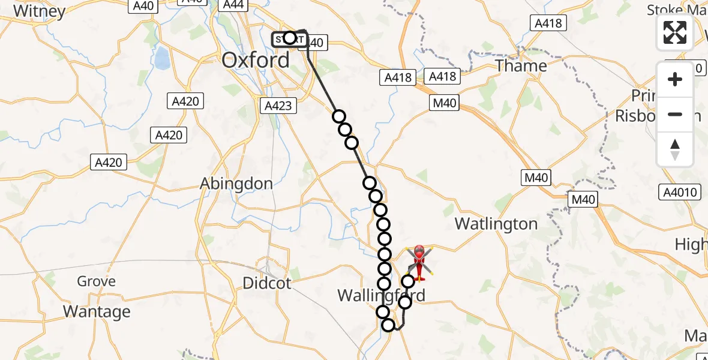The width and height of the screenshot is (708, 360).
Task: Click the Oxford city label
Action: [255, 59]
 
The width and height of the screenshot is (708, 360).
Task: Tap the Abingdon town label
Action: [236, 184]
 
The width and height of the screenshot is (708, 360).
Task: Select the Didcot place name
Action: [267, 283]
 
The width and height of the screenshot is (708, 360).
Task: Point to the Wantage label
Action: [97, 311]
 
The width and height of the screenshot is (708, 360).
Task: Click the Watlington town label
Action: [496, 224]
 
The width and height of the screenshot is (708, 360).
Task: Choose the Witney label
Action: [39, 11]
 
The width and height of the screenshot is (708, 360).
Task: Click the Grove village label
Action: [96, 281]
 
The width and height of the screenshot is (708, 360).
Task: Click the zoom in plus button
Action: [675, 79]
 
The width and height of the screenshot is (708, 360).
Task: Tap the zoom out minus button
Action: [675, 114]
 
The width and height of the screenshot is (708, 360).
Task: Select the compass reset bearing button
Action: [675, 149]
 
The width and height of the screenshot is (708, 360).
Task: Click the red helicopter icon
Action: [419, 262]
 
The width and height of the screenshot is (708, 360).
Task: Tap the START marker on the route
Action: [289, 38]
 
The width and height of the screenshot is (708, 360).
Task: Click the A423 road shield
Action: [278, 106]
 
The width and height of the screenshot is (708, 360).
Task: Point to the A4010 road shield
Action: [679, 192]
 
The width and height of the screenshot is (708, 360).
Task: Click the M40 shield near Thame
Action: [444, 103]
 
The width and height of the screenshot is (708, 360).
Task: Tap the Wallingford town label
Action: [382, 295]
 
